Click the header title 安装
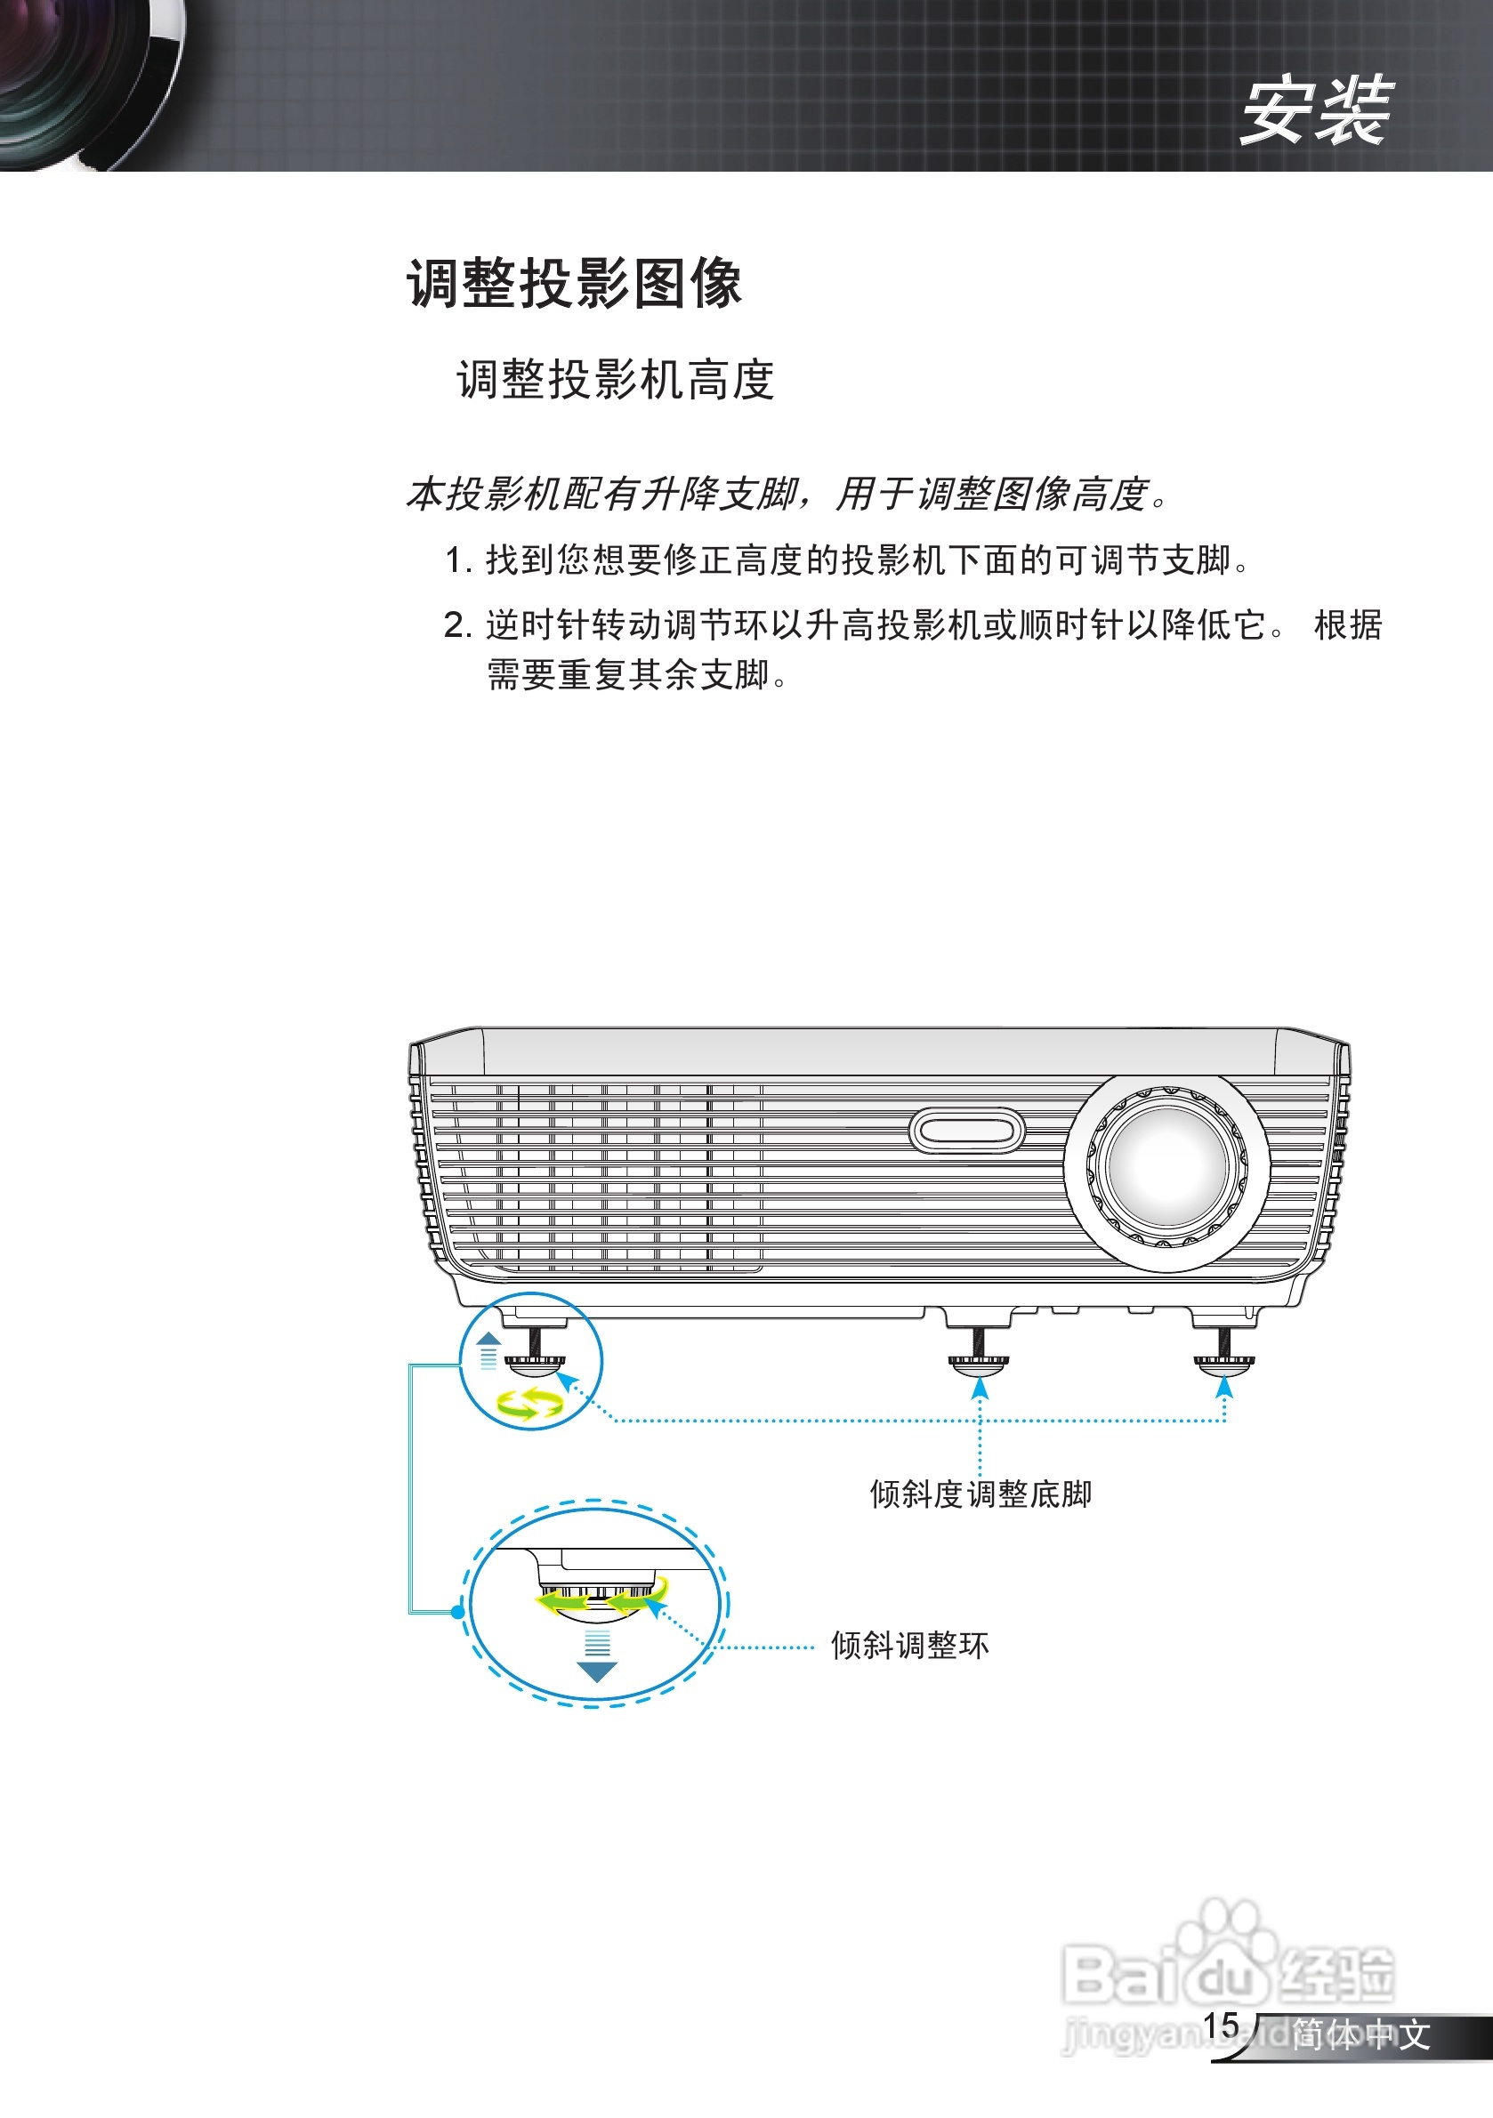(1314, 110)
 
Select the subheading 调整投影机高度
(616, 380)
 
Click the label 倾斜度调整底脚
(980, 1494)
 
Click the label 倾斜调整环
(910, 1645)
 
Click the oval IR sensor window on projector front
(966, 1130)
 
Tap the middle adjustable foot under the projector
(979, 1360)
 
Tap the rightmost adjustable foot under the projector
(1223, 1360)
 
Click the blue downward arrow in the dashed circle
(596, 1671)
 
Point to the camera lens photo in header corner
(88, 83)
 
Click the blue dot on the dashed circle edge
(458, 1612)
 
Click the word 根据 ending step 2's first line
(1347, 625)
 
